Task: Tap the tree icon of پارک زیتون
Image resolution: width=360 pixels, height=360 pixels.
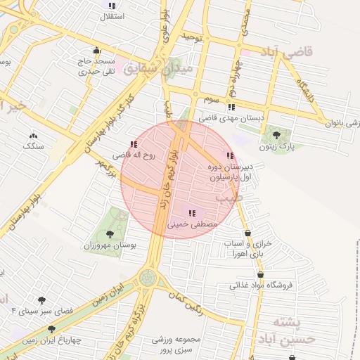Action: tap(276, 134)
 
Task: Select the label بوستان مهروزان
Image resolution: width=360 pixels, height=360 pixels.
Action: tap(108, 245)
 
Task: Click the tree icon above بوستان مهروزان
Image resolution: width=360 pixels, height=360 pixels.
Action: tap(109, 233)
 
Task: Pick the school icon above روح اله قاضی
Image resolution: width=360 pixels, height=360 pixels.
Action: tap(134, 144)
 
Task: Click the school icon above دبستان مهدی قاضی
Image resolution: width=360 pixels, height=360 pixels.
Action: tap(231, 107)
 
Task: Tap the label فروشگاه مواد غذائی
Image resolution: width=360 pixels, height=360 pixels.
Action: tap(262, 285)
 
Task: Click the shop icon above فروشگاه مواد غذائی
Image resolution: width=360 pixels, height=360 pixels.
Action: tap(261, 274)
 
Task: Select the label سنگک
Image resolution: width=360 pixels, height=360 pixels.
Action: tap(33, 146)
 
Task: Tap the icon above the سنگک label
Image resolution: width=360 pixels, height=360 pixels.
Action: tap(33, 135)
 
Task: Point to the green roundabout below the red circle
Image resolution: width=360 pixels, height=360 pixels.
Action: tap(148, 278)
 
